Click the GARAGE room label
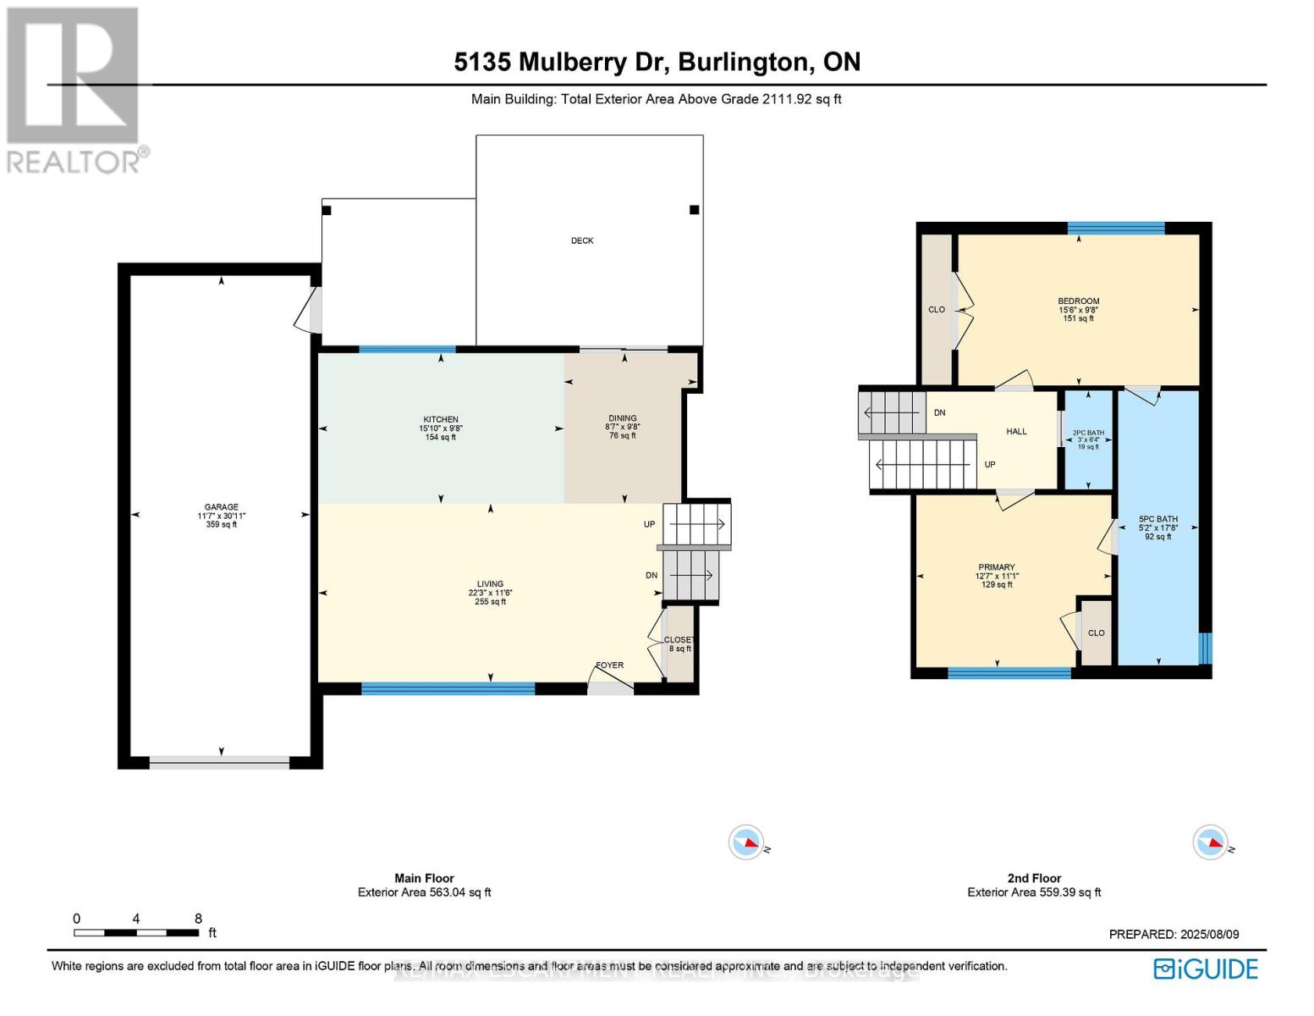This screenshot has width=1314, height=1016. [x=221, y=507]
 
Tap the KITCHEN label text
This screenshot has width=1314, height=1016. [x=441, y=419]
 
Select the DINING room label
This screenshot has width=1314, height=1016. [x=623, y=418]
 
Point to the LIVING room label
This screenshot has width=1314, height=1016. [x=490, y=584]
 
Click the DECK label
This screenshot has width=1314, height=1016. [x=582, y=240]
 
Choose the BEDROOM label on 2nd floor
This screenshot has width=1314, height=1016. [x=1078, y=301]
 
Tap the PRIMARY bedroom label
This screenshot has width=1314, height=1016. [x=997, y=567]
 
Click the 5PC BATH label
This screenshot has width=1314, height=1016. [x=1157, y=519]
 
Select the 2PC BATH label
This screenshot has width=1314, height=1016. [x=1088, y=433]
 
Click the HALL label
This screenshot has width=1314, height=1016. [x=1016, y=432]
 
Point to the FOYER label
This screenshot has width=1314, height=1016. [x=610, y=665]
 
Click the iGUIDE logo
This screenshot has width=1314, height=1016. [x=1206, y=969]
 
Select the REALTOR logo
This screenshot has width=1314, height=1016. [x=74, y=89]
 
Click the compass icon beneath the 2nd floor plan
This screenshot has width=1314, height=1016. [x=1210, y=842]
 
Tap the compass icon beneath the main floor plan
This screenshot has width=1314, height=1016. [x=746, y=842]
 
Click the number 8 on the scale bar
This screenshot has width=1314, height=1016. [x=198, y=919]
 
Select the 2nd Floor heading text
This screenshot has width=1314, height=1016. [x=1034, y=878]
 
